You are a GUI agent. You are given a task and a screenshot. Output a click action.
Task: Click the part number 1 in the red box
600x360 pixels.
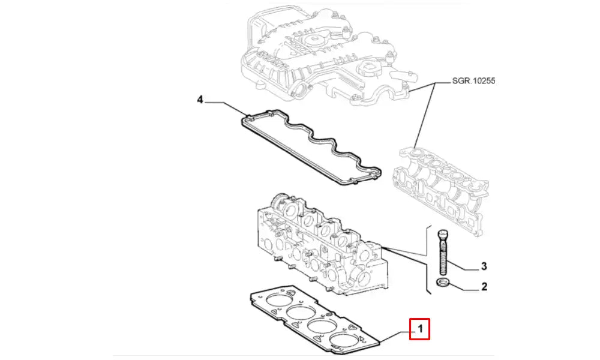420,329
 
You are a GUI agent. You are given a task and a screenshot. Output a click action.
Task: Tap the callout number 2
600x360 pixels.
484,287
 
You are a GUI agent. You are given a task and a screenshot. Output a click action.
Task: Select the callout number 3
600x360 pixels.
484,266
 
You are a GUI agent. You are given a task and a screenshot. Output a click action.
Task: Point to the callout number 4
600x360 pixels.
200,99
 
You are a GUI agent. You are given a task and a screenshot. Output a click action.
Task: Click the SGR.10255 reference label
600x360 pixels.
474,80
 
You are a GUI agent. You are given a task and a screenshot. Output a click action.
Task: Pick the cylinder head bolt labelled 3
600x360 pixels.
442,252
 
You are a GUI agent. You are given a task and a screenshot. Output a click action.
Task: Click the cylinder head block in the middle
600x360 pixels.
318,246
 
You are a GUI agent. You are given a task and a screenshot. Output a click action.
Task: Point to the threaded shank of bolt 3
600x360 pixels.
443,258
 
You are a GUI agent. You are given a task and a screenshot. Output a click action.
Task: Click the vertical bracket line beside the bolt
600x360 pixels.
427,258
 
